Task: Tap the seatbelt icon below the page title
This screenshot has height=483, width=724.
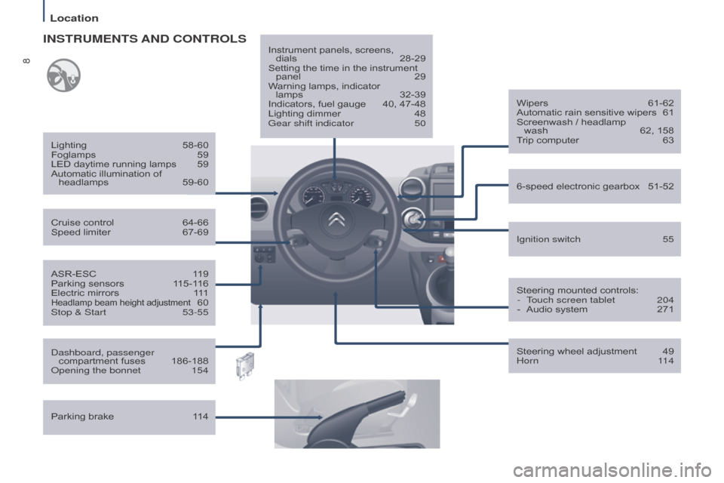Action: click(x=63, y=75)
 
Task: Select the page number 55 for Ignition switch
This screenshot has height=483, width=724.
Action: click(x=667, y=239)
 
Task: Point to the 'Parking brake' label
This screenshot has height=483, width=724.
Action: click(x=82, y=417)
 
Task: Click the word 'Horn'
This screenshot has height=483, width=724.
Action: click(x=527, y=361)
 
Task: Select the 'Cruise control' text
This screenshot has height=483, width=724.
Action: click(x=82, y=223)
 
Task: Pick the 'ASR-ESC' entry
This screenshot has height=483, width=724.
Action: click(x=73, y=274)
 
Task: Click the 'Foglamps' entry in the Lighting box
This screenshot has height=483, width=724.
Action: click(x=72, y=155)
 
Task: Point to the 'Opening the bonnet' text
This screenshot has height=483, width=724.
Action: click(x=95, y=371)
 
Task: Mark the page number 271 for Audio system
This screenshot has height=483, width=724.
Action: click(x=664, y=309)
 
